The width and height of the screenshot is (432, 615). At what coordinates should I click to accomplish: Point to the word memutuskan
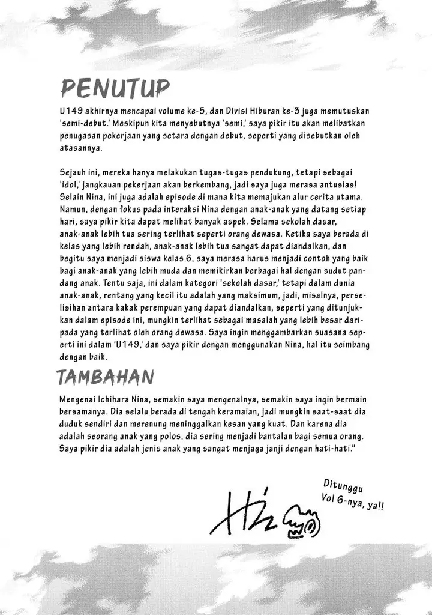[x=347, y=112]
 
